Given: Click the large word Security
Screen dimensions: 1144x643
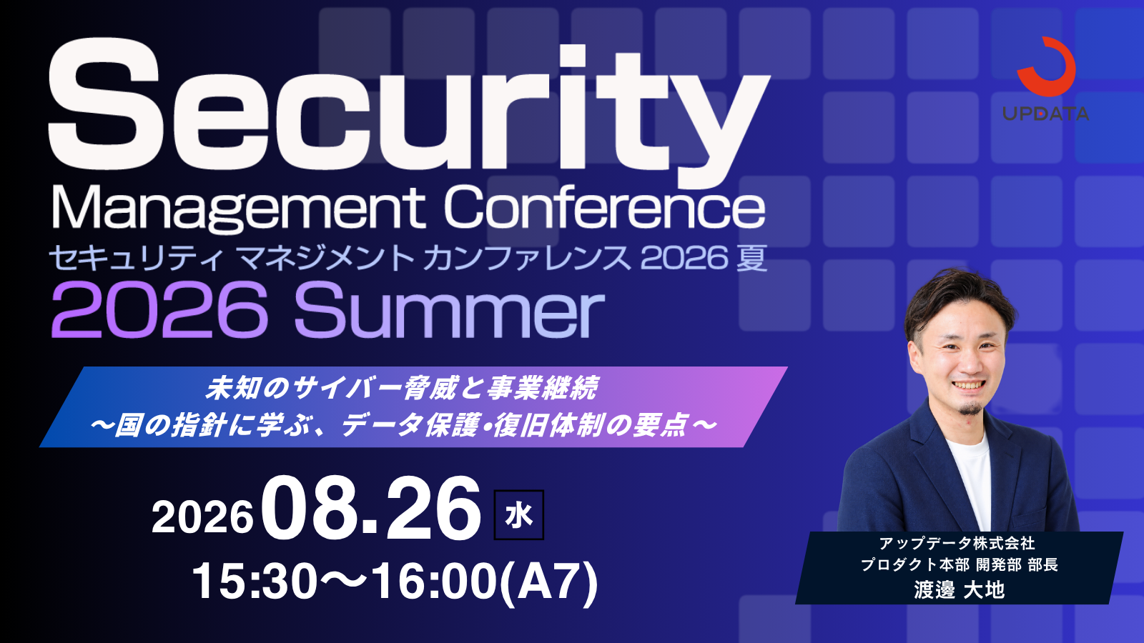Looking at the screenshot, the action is point(408,110).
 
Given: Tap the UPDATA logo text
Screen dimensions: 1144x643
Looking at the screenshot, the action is point(1045,114).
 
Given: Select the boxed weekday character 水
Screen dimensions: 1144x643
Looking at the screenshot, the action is point(519,515).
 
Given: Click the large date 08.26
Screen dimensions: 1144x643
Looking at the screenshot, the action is point(372,508).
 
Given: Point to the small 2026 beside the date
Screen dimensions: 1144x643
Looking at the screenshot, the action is point(203,517).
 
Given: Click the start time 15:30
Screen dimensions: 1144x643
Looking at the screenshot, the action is point(255,582).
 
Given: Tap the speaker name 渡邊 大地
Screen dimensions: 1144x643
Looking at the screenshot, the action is point(960,589).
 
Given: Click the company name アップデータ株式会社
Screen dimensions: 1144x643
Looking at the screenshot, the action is point(957,544).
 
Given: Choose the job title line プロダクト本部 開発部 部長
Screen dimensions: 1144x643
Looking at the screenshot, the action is point(960,565).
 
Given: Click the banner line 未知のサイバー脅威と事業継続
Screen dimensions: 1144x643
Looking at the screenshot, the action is point(401,388).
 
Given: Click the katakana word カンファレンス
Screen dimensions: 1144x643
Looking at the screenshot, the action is point(527,258).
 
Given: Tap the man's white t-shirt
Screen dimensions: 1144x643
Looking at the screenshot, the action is point(970,482).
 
